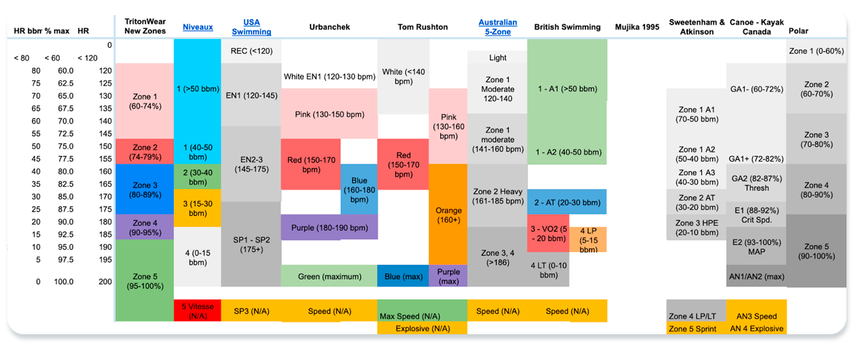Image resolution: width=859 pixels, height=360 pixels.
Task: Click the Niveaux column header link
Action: pyautogui.click(x=198, y=27)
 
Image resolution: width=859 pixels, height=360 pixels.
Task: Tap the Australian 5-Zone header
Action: pyautogui.click(x=497, y=27)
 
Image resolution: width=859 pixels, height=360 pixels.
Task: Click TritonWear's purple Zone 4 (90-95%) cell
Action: pyautogui.click(x=144, y=227)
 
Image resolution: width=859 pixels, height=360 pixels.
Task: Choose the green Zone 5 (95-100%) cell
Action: pyautogui.click(x=144, y=281)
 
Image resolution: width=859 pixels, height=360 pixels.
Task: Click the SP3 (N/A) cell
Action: pyautogui.click(x=251, y=311)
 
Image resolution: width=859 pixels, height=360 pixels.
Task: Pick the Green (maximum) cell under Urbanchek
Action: pyautogui.click(x=329, y=276)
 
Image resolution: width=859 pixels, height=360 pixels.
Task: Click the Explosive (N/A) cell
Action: pyautogui.click(x=422, y=328)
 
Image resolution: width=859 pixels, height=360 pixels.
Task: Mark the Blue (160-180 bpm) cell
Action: pyautogui.click(x=359, y=190)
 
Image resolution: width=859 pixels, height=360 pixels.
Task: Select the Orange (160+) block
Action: pyautogui.click(x=448, y=215)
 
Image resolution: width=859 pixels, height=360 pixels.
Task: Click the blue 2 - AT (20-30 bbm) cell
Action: pyautogui.click(x=566, y=202)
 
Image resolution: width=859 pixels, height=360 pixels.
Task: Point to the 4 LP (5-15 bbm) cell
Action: pyautogui.click(x=588, y=240)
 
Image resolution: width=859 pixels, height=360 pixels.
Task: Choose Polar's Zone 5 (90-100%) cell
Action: pyautogui.click(x=816, y=251)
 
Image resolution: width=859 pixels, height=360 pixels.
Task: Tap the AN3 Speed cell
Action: pyautogui.click(x=757, y=316)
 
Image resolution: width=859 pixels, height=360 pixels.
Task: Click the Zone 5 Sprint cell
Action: pyautogui.click(x=692, y=328)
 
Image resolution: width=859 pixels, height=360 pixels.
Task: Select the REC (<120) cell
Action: pyautogui.click(x=251, y=51)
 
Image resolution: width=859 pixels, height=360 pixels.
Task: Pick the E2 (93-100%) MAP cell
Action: pyautogui.click(x=757, y=246)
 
